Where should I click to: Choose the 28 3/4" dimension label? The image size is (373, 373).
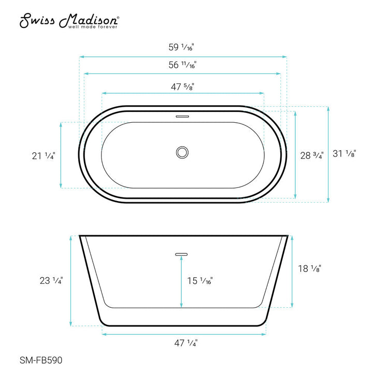tap(312, 154)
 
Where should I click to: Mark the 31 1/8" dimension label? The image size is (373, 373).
tap(345, 153)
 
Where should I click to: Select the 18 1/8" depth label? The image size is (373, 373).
tap(310, 268)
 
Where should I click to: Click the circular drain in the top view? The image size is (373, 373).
tap(182, 152)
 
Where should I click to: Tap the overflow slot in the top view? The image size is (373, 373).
tap(182, 117)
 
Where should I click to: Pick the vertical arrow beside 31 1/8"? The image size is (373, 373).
tap(328, 153)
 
